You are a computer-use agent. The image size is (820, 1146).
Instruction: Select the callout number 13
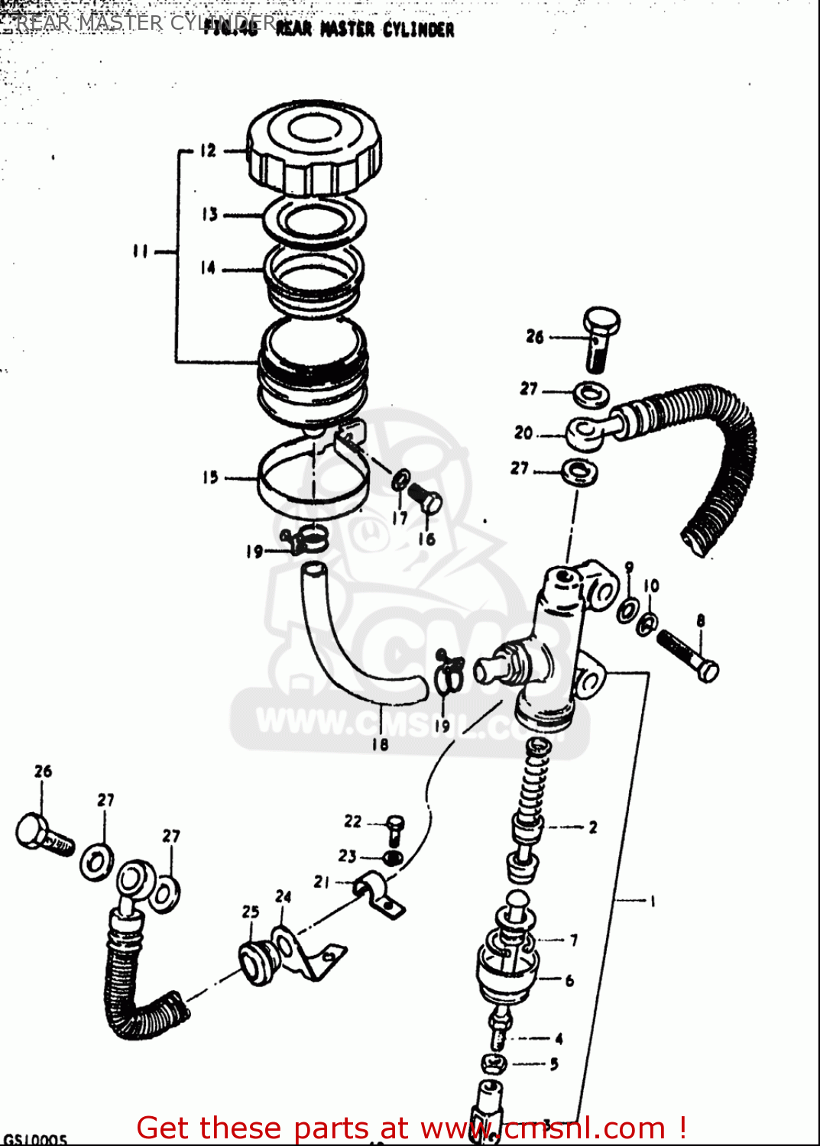click(209, 215)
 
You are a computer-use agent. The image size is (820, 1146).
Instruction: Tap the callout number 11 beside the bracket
click(140, 251)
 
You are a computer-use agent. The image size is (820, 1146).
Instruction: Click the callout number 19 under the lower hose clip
click(442, 726)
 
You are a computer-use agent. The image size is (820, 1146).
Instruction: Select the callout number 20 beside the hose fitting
click(523, 432)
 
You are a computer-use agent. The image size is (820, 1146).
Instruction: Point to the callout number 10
click(651, 586)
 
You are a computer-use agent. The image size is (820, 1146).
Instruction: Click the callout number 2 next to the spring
click(592, 827)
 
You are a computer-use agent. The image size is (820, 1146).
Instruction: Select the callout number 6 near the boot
click(569, 980)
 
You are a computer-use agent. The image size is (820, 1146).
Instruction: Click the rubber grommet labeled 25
click(258, 963)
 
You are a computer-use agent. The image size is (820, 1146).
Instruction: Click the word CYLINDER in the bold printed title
click(418, 30)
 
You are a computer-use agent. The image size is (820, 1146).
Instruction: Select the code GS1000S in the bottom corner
click(35, 1139)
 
